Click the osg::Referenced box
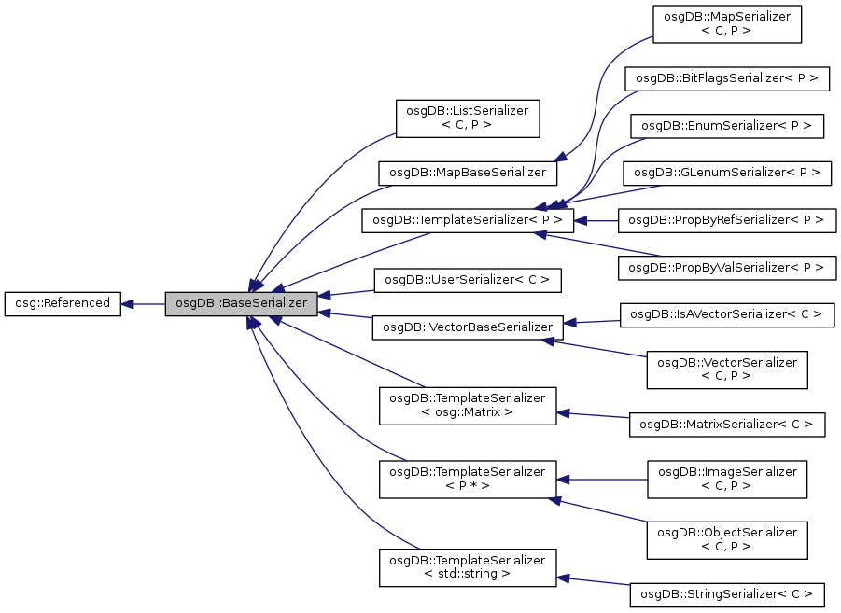coord(63,303)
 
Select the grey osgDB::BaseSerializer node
coord(242,303)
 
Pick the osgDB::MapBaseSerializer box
coord(468,173)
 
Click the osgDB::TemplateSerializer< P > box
coord(467,221)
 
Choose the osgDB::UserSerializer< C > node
coord(468,279)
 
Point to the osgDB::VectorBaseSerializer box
coord(468,327)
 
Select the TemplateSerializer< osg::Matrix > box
coord(468,404)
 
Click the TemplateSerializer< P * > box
coord(468,479)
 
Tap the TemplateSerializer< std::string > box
coord(468,566)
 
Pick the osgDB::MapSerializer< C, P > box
coord(727,23)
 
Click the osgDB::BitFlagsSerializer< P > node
coord(727,79)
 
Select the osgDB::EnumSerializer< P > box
coord(727,125)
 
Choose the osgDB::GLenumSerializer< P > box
coord(727,173)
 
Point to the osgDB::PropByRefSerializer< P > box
coord(727,221)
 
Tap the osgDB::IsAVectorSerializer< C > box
coord(727,314)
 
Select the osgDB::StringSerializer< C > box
coord(727,592)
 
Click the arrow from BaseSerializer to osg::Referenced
coord(144,303)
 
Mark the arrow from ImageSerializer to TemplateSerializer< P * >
coord(602,479)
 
